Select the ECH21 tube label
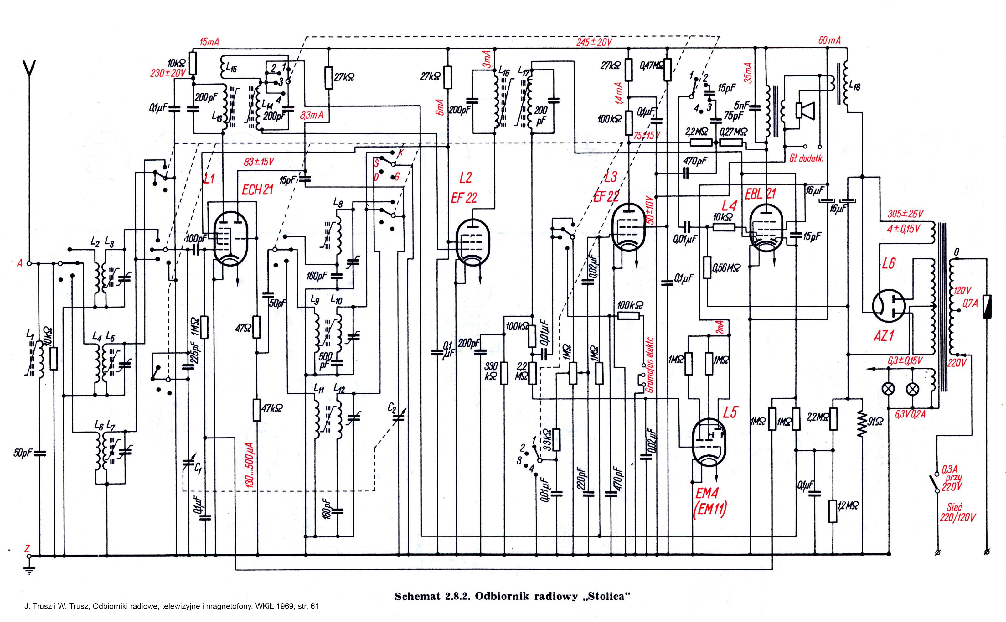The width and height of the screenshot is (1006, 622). click(257, 190)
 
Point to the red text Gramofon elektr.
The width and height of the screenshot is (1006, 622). click(650, 366)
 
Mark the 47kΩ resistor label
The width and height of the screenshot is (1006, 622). click(272, 408)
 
